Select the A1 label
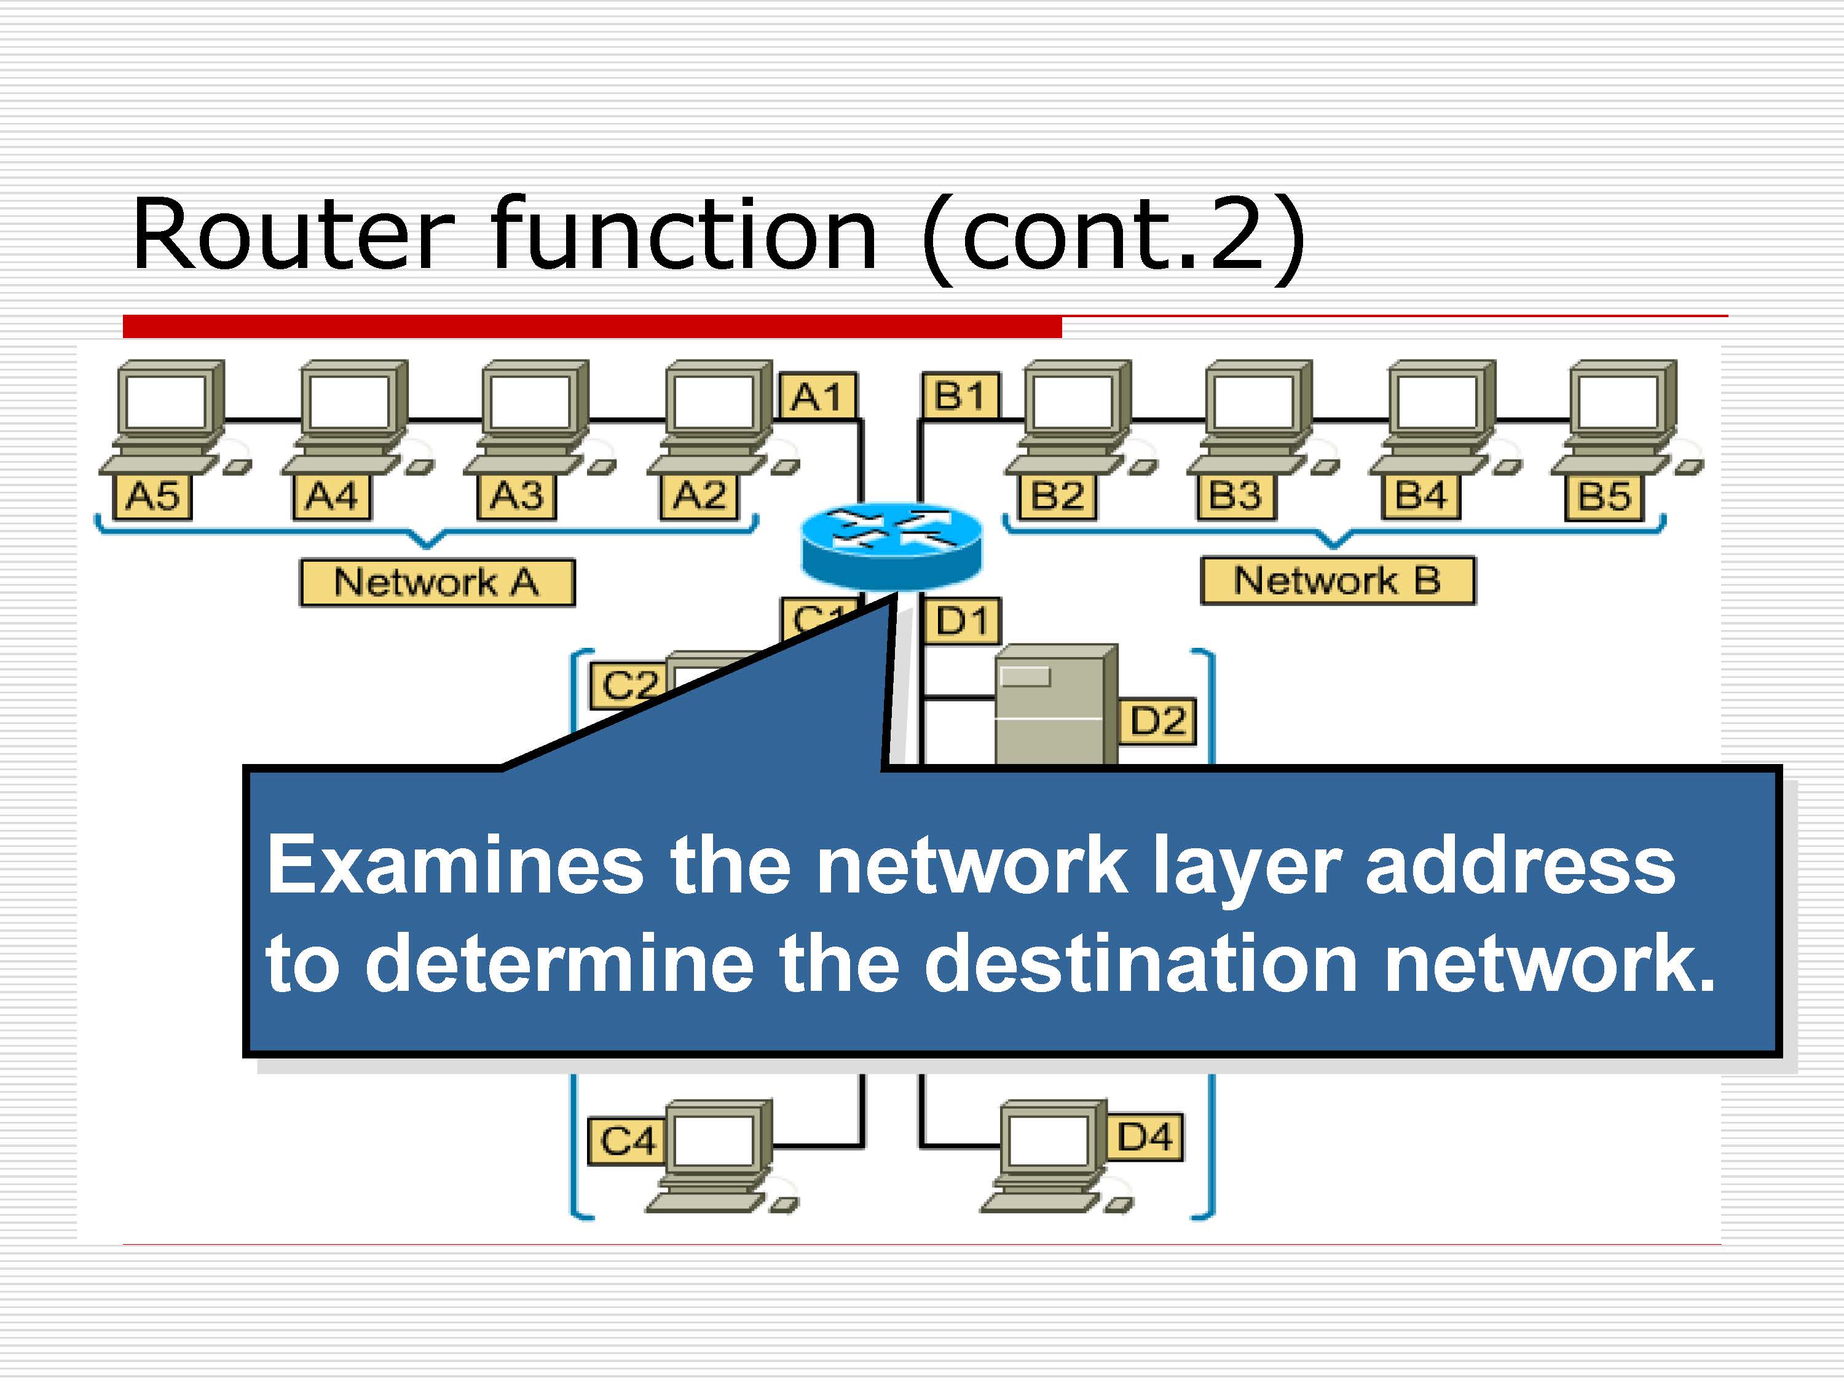817,396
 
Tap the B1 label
960,395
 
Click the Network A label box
437,582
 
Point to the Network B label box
1337,580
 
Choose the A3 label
516,497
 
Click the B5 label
1604,497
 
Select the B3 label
1235,496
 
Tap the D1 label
961,621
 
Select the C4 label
628,1140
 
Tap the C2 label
629,686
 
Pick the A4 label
332,497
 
